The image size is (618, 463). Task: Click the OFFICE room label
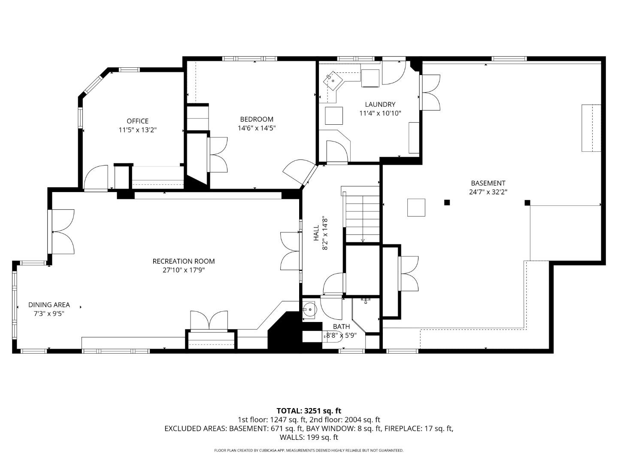[x=137, y=121]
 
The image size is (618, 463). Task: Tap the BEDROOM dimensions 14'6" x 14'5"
[x=256, y=128]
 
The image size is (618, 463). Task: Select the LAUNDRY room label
[x=380, y=105]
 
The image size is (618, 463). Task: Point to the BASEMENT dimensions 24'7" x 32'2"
[x=488, y=192]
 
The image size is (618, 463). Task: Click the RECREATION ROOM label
[x=183, y=261]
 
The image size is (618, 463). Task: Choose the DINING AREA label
[x=49, y=305]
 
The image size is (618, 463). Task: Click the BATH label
[x=341, y=327]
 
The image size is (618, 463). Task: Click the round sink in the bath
[x=309, y=308]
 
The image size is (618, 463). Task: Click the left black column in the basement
[x=447, y=202]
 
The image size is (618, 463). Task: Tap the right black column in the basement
[x=527, y=202]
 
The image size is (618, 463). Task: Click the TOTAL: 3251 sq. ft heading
[x=309, y=411]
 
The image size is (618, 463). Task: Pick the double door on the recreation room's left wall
[x=63, y=231]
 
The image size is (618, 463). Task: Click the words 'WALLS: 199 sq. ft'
[x=309, y=437]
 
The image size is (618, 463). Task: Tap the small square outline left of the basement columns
[x=416, y=207]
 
